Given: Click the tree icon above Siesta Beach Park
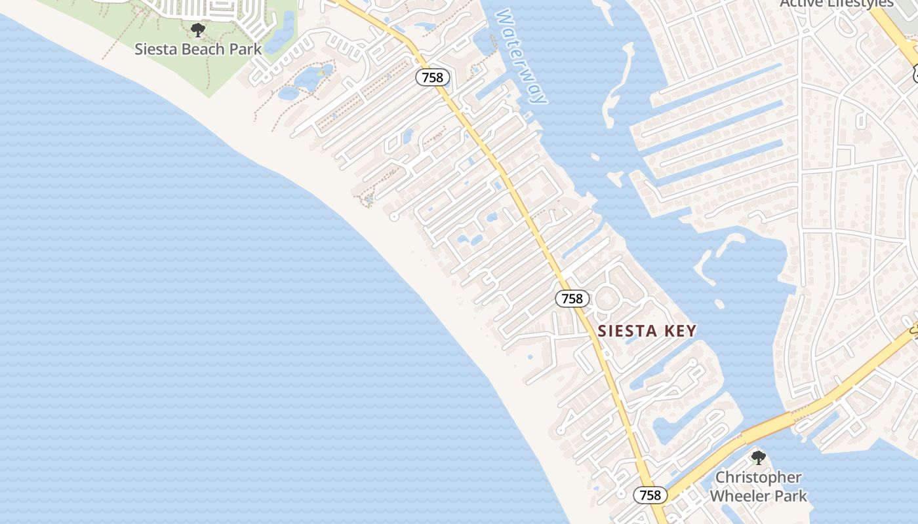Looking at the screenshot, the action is coord(197,29).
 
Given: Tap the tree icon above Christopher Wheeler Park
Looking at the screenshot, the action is coord(758,457).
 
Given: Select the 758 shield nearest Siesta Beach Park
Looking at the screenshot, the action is coord(433,77).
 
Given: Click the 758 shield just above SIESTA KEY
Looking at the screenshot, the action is coord(572,299).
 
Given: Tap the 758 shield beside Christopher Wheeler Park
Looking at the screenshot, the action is coord(650,495).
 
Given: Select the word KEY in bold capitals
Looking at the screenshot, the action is coord(679,331).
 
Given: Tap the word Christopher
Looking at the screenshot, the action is coord(758,477).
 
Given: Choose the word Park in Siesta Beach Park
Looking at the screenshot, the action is coord(245,49).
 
